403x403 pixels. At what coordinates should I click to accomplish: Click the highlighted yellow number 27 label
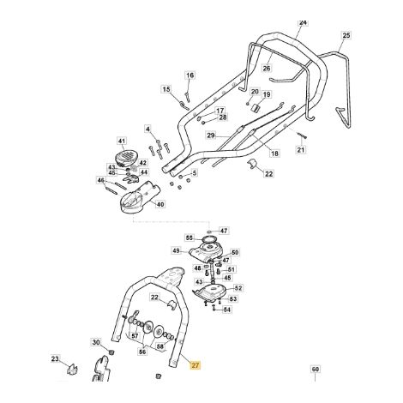coord(195,365)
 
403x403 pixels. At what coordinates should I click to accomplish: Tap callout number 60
coord(315,369)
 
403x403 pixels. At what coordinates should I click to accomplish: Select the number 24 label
coord(303,22)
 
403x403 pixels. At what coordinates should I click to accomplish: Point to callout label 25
coord(346,35)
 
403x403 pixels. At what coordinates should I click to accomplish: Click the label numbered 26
coord(267,68)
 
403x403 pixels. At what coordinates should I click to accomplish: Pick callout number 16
coord(190,75)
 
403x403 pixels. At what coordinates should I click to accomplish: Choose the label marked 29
coord(211,135)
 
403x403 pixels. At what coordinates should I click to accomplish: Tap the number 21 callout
coord(301,149)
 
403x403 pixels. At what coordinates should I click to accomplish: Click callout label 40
coord(160,204)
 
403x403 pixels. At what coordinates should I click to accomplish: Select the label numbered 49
coord(177,250)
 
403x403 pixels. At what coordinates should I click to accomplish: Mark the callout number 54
coord(227,310)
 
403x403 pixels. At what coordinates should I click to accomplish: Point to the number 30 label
coord(96,342)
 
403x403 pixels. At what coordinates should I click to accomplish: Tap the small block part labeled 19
coord(256,108)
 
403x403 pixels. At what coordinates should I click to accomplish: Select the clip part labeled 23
coord(73,369)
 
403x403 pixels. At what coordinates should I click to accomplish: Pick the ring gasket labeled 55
coord(208,238)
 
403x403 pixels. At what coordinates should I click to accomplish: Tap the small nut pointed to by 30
coord(111,351)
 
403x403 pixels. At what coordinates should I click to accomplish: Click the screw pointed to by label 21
coord(302,135)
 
